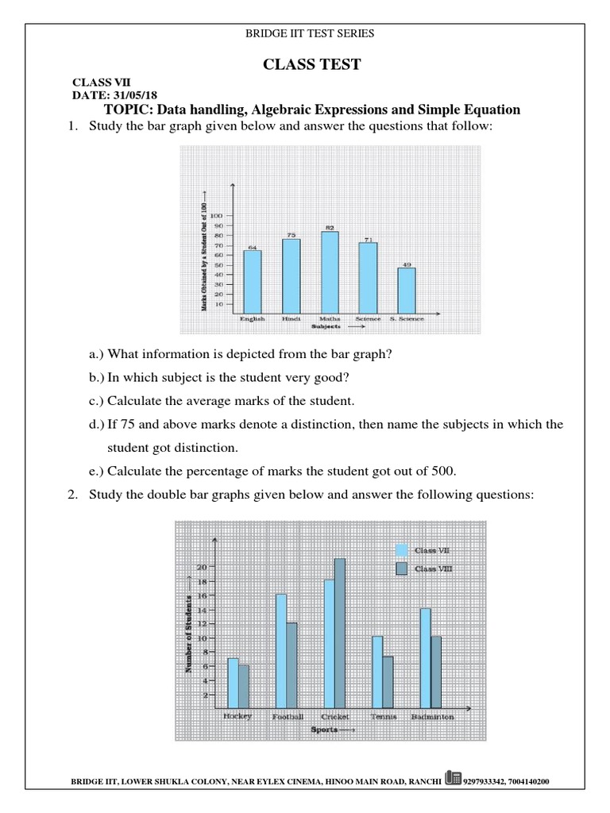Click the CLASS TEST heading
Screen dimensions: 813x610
[x=311, y=64]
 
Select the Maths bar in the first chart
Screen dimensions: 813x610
[x=329, y=271]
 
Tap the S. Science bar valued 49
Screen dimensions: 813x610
[x=406, y=290]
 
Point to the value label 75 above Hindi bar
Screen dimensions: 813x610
[x=291, y=235]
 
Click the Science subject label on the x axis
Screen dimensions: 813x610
[x=368, y=318]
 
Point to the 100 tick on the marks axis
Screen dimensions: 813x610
[x=218, y=216]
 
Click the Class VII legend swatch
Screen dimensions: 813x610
[x=402, y=549]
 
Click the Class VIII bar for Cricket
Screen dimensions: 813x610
[x=340, y=633]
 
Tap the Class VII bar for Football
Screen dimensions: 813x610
[x=281, y=650]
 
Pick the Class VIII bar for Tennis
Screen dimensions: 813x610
[x=388, y=681]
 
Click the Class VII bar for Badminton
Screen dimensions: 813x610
[x=426, y=657]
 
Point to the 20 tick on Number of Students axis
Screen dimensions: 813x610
[x=202, y=567]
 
